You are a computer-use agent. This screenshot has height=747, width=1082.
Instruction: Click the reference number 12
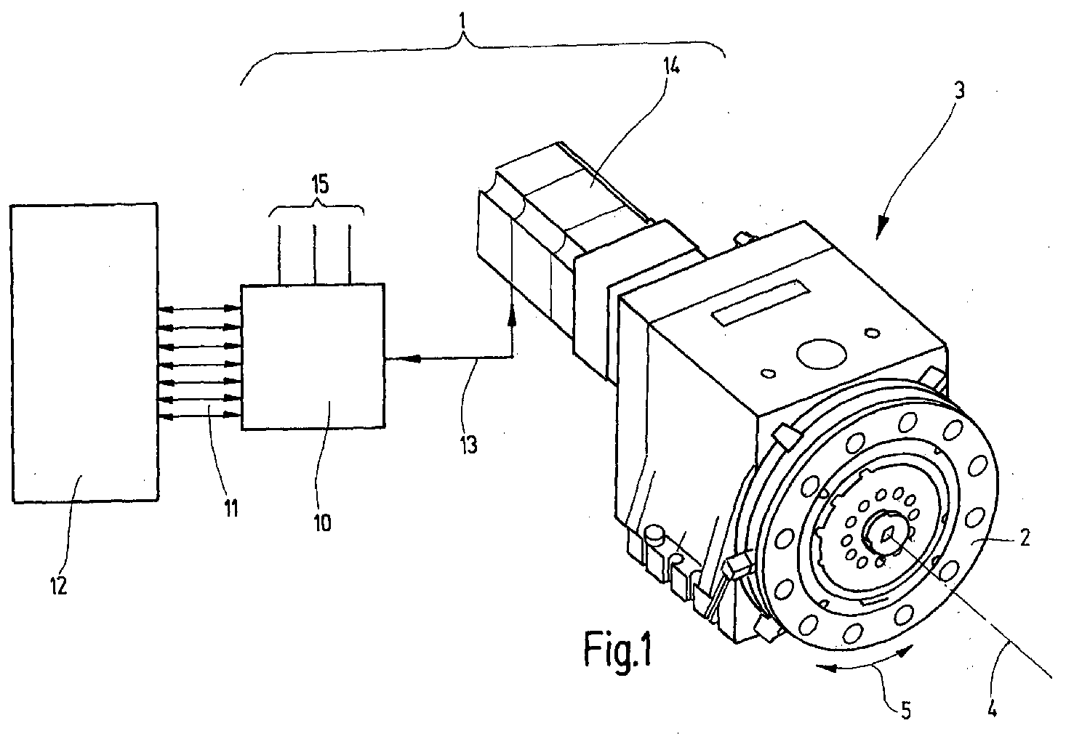pyautogui.click(x=58, y=586)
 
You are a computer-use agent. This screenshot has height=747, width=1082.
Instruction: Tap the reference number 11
pyautogui.click(x=231, y=508)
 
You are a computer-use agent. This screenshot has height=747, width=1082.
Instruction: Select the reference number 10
pyautogui.click(x=323, y=523)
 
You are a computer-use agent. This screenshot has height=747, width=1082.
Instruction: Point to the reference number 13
pyautogui.click(x=468, y=445)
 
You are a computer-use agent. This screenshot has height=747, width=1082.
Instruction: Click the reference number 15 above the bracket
pyautogui.click(x=320, y=184)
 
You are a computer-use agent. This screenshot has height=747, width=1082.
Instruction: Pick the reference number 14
pyautogui.click(x=671, y=66)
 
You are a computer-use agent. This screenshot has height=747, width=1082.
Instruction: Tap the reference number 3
pyautogui.click(x=959, y=90)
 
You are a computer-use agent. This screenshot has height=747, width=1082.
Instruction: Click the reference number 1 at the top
pyautogui.click(x=462, y=21)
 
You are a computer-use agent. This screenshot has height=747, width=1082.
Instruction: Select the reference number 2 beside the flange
pyautogui.click(x=1025, y=538)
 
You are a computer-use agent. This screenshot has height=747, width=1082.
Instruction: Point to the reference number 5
pyautogui.click(x=906, y=711)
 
